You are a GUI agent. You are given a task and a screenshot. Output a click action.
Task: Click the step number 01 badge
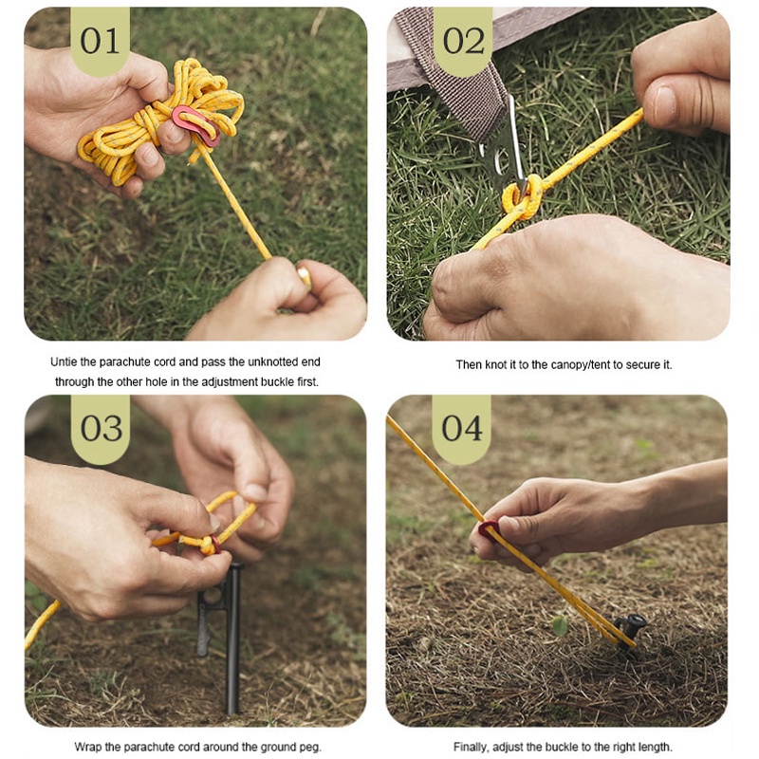pyautogui.click(x=101, y=41)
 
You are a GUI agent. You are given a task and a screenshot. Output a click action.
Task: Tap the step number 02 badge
pyautogui.click(x=463, y=41)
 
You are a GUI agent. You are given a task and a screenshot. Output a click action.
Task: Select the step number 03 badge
pyautogui.click(x=101, y=429)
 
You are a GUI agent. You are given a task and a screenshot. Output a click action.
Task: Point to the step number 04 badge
pyautogui.click(x=461, y=429)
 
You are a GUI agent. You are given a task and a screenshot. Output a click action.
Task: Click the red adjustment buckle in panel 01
pyautogui.click(x=196, y=126)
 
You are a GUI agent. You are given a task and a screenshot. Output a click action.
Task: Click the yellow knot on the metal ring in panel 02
pyautogui.click(x=522, y=197)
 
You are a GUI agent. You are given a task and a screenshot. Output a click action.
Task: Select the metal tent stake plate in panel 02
pyautogui.click(x=504, y=145)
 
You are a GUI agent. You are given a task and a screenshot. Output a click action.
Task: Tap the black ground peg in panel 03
pyautogui.click(x=228, y=634)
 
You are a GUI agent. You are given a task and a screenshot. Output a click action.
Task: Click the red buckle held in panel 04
pyautogui.click(x=488, y=529)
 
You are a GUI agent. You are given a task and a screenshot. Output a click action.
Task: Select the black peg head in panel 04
pyautogui.click(x=631, y=626)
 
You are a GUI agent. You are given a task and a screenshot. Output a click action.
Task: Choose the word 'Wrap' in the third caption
pyautogui.click(x=86, y=747)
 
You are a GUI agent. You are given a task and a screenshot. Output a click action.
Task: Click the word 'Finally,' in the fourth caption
pyautogui.click(x=472, y=747)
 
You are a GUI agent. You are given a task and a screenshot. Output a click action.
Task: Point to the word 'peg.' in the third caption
pyautogui.click(x=310, y=748)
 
